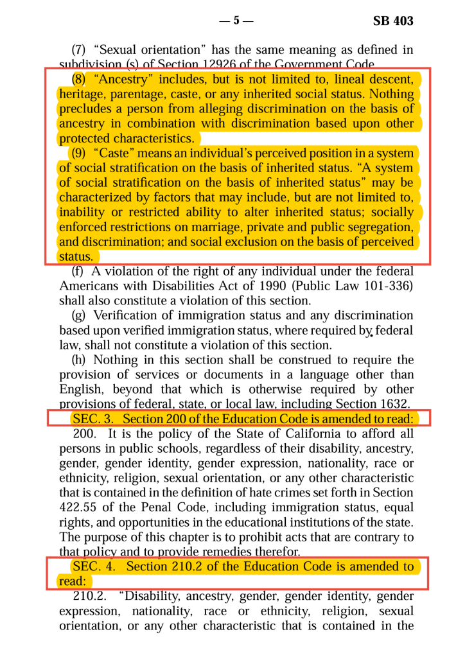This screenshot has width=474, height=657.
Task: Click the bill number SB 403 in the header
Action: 393,21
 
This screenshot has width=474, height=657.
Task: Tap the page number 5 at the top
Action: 236,21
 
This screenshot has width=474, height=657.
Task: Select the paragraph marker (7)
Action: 78,50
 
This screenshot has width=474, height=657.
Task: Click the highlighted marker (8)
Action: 78,80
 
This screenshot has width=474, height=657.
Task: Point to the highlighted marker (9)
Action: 80,154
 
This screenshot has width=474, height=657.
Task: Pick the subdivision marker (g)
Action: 79,315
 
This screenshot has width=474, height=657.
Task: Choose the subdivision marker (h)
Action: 79,360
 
